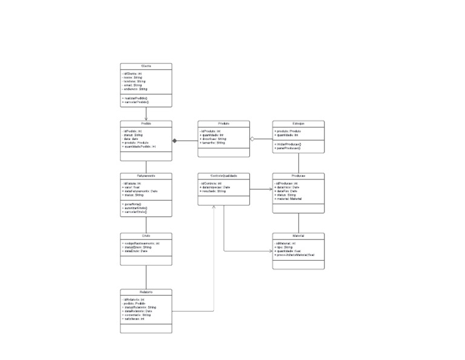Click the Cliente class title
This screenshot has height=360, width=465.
[146, 66]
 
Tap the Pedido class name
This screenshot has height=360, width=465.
[146, 123]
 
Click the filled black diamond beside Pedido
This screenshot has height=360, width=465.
[175, 141]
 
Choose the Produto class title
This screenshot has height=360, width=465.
[223, 123]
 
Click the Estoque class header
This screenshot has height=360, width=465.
[298, 123]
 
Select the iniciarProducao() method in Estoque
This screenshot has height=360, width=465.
[288, 144]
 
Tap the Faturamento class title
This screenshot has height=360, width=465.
[146, 176]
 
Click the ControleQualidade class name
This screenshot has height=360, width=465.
[223, 176]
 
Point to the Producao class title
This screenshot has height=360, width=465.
[298, 176]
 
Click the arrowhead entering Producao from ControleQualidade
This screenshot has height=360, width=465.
[270, 190]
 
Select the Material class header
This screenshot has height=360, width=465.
[298, 235]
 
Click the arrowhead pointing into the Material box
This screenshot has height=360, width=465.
[270, 251]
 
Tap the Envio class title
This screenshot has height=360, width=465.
[146, 235]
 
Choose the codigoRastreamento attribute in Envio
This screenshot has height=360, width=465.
[140, 243]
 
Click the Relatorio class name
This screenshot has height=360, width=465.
[146, 292]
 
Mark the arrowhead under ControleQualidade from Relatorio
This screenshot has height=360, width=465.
[214, 208]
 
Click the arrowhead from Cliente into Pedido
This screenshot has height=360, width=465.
[146, 119]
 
